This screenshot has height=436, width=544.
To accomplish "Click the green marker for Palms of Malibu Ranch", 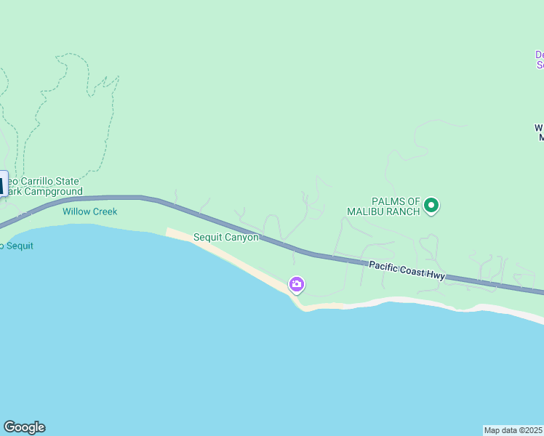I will coord(431,206).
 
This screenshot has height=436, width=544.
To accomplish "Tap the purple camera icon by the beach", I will coord(297,284).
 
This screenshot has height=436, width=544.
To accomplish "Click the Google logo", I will coord(24,427).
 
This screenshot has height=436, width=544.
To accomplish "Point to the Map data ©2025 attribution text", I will coord(513,430).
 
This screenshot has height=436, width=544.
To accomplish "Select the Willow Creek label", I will coord(89,211).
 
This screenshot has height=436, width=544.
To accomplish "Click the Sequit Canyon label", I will coord(226,238).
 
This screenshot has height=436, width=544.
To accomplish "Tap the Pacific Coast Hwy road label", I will coord(406,270).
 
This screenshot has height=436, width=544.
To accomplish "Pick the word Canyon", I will coord(242,238).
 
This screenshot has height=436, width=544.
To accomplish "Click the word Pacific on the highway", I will coord(384,267).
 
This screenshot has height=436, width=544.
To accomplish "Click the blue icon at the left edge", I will coord(3,183).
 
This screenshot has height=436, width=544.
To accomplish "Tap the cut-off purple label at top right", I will coord(540,60).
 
